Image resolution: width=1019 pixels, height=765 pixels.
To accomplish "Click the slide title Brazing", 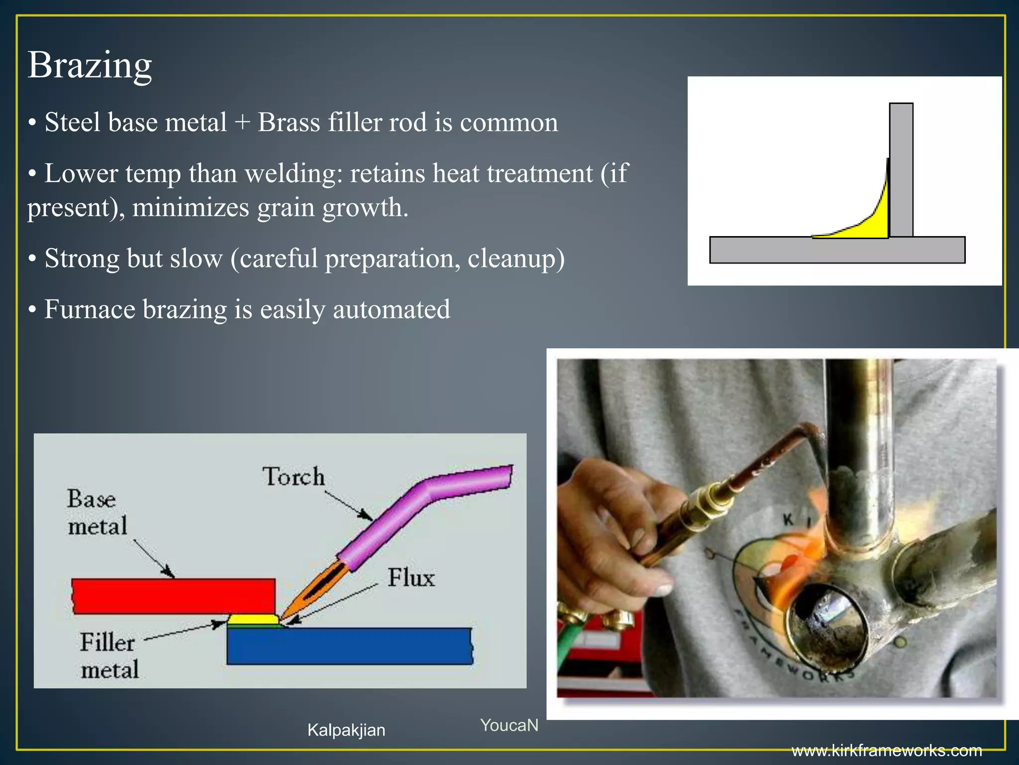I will point(90,65).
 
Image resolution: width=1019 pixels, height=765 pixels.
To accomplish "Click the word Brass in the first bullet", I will point(289,123).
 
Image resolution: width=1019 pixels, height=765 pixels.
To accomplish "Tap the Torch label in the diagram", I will point(294,477).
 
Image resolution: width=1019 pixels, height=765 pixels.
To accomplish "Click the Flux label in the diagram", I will point(411,578).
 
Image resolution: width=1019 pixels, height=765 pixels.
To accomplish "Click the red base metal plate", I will point(174,596).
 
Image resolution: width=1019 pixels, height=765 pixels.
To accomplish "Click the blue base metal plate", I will point(348,646).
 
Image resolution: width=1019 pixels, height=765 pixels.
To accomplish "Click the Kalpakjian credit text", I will point(346,730).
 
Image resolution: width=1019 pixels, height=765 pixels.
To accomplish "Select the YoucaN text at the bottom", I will point(509,725).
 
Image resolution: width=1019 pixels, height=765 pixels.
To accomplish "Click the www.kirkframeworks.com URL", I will point(887,750).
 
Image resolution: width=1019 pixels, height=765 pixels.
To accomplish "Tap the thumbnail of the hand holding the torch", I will point(776,528).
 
